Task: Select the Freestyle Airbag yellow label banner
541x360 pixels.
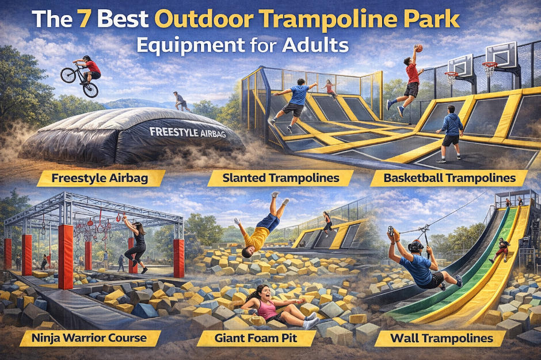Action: click(x=100, y=178)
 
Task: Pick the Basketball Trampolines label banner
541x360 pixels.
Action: click(x=448, y=178)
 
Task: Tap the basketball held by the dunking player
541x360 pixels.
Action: click(x=418, y=48)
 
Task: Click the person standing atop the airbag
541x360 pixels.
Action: click(x=180, y=102)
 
